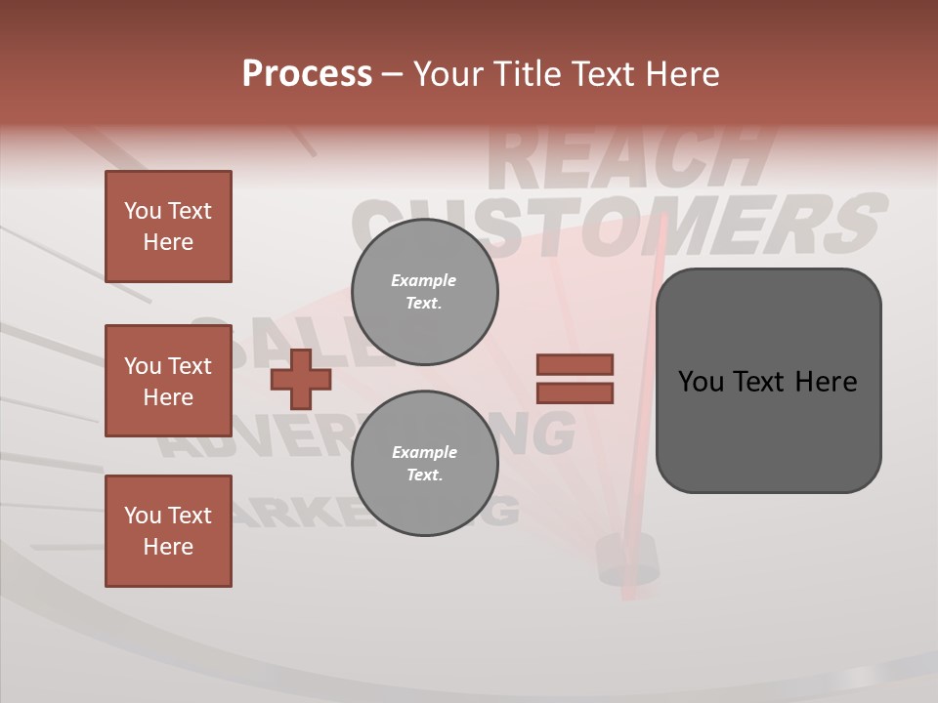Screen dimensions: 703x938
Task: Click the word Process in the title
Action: (307, 74)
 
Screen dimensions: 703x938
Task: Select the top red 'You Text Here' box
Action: (168, 227)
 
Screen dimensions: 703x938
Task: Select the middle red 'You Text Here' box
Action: (168, 381)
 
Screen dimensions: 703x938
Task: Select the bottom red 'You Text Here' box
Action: (168, 531)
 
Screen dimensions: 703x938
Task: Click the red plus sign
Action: (300, 379)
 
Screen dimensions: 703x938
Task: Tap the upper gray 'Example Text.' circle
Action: (425, 292)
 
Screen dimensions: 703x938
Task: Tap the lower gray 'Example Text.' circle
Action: (425, 464)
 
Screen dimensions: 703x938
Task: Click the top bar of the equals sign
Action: (575, 364)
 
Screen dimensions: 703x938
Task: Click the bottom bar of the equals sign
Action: (575, 393)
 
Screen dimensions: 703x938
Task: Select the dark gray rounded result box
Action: (768, 381)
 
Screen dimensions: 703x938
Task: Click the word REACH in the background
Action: (625, 156)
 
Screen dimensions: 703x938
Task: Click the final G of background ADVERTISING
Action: (551, 434)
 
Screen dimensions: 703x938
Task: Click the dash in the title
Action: (392, 75)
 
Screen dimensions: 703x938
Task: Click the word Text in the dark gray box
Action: (768, 381)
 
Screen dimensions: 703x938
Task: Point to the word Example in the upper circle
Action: (423, 280)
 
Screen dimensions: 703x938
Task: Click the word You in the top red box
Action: (143, 211)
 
